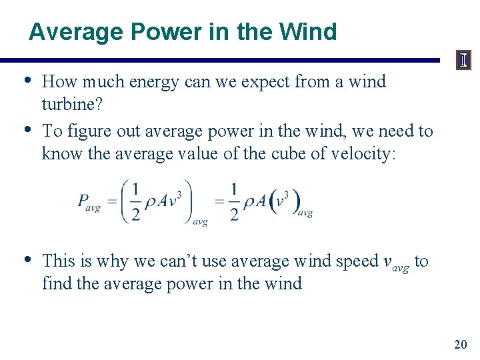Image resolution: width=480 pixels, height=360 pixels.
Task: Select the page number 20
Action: pyautogui.click(x=460, y=344)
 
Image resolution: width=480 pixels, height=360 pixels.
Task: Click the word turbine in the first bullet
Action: pyautogui.click(x=67, y=105)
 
